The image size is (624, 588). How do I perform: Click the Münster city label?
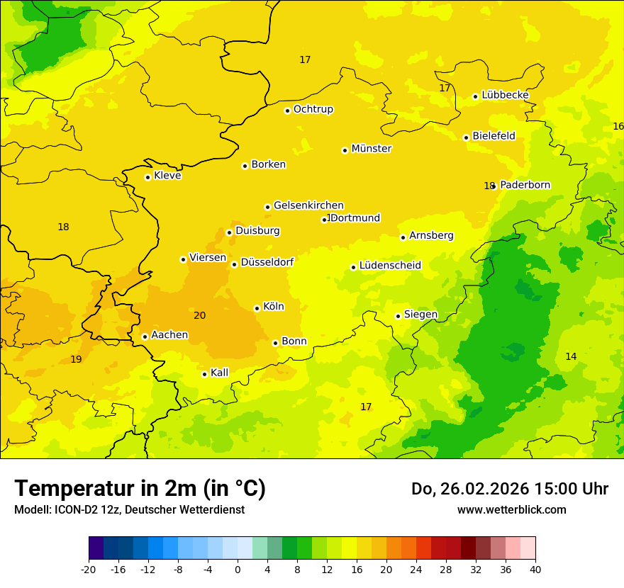click(x=371, y=149)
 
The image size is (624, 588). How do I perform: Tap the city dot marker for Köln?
click(x=257, y=308)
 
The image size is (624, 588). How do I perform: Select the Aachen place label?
click(x=169, y=335)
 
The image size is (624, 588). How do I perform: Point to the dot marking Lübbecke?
click(x=475, y=96)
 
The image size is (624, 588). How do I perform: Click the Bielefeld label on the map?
click(x=494, y=136)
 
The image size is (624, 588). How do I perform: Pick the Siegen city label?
click(x=420, y=315)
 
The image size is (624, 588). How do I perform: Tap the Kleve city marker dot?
click(x=147, y=177)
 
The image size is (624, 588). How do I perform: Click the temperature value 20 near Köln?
click(x=200, y=315)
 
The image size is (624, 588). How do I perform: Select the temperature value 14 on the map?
click(x=571, y=356)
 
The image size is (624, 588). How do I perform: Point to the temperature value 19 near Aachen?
click(x=76, y=360)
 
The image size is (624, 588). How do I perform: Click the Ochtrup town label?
click(x=313, y=109)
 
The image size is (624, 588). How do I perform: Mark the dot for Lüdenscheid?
click(x=353, y=267)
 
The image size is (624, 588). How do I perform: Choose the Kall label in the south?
click(x=219, y=373)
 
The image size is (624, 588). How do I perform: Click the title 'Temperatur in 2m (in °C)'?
click(x=140, y=489)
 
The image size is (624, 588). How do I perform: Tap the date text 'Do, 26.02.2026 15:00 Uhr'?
click(x=509, y=489)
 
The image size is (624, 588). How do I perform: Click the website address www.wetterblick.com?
click(x=511, y=510)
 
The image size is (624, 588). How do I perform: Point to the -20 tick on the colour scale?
click(x=89, y=569)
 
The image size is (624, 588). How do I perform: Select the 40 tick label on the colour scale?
click(x=535, y=569)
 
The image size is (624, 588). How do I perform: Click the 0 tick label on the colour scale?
click(x=238, y=569)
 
